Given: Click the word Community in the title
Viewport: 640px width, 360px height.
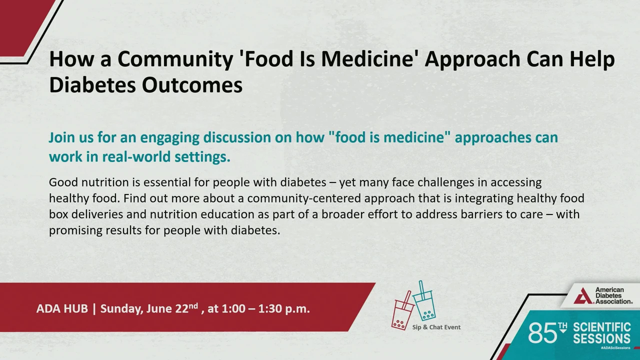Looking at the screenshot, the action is [x=175, y=59].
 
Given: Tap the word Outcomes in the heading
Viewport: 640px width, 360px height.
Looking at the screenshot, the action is [x=192, y=85].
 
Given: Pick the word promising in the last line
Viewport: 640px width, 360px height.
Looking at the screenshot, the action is [x=75, y=230].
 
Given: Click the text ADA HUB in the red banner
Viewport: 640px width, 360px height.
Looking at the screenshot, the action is [x=62, y=308].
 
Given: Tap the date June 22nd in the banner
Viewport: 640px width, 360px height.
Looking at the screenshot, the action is [x=172, y=308].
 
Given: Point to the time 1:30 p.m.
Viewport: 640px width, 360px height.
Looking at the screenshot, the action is [x=284, y=308].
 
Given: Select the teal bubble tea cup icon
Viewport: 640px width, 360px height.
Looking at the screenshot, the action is [x=424, y=303].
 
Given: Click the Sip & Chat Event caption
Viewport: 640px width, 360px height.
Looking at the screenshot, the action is [x=436, y=327].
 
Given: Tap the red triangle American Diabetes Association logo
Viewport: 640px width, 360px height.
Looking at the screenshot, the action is [x=583, y=296].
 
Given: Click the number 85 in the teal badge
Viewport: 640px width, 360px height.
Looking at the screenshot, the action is [x=543, y=333].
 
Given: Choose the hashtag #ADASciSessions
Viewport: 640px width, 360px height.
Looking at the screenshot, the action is [x=615, y=347].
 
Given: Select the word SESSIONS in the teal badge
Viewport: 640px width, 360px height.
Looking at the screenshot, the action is [x=601, y=339].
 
